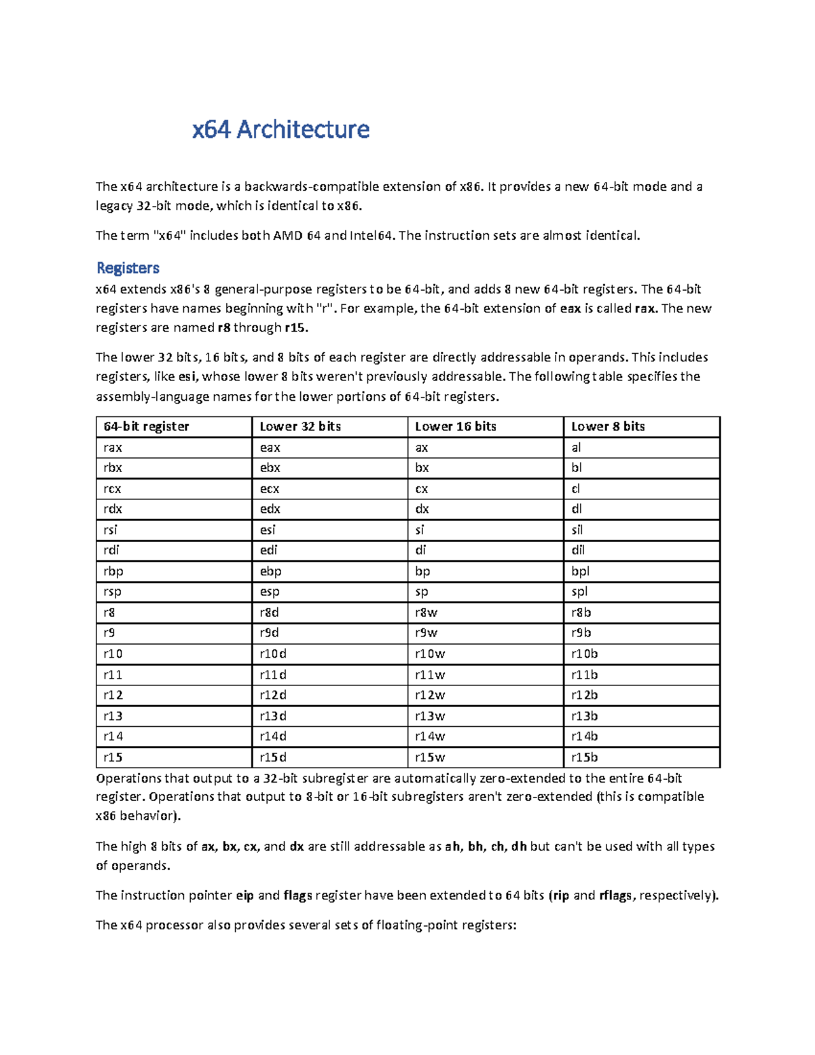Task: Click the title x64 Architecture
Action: click(280, 129)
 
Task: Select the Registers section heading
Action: click(128, 268)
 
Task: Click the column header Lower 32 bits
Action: click(300, 427)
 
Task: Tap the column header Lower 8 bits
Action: click(608, 427)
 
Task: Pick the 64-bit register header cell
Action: click(146, 427)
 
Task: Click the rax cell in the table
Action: click(113, 448)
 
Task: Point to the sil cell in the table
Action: click(577, 530)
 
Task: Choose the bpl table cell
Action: click(580, 571)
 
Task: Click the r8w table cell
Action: click(426, 613)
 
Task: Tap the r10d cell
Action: click(273, 654)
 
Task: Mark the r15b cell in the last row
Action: click(584, 757)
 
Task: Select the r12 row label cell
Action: click(113, 695)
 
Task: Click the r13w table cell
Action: click(430, 716)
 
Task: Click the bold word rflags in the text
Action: click(615, 895)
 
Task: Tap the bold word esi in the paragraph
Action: click(187, 377)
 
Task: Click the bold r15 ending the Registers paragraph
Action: click(295, 328)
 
